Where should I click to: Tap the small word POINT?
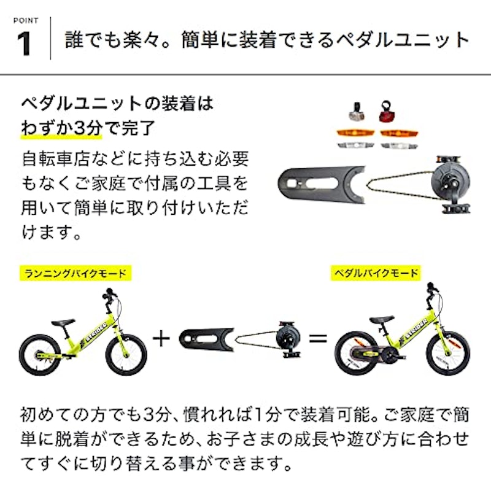point(25,20)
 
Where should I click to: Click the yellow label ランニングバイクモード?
point(76,273)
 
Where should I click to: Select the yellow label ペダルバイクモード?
point(376,272)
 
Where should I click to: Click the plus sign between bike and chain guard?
point(161,338)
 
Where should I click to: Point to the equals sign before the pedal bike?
point(317,338)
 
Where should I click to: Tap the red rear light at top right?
point(385,112)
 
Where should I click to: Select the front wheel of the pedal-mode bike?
point(447,354)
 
